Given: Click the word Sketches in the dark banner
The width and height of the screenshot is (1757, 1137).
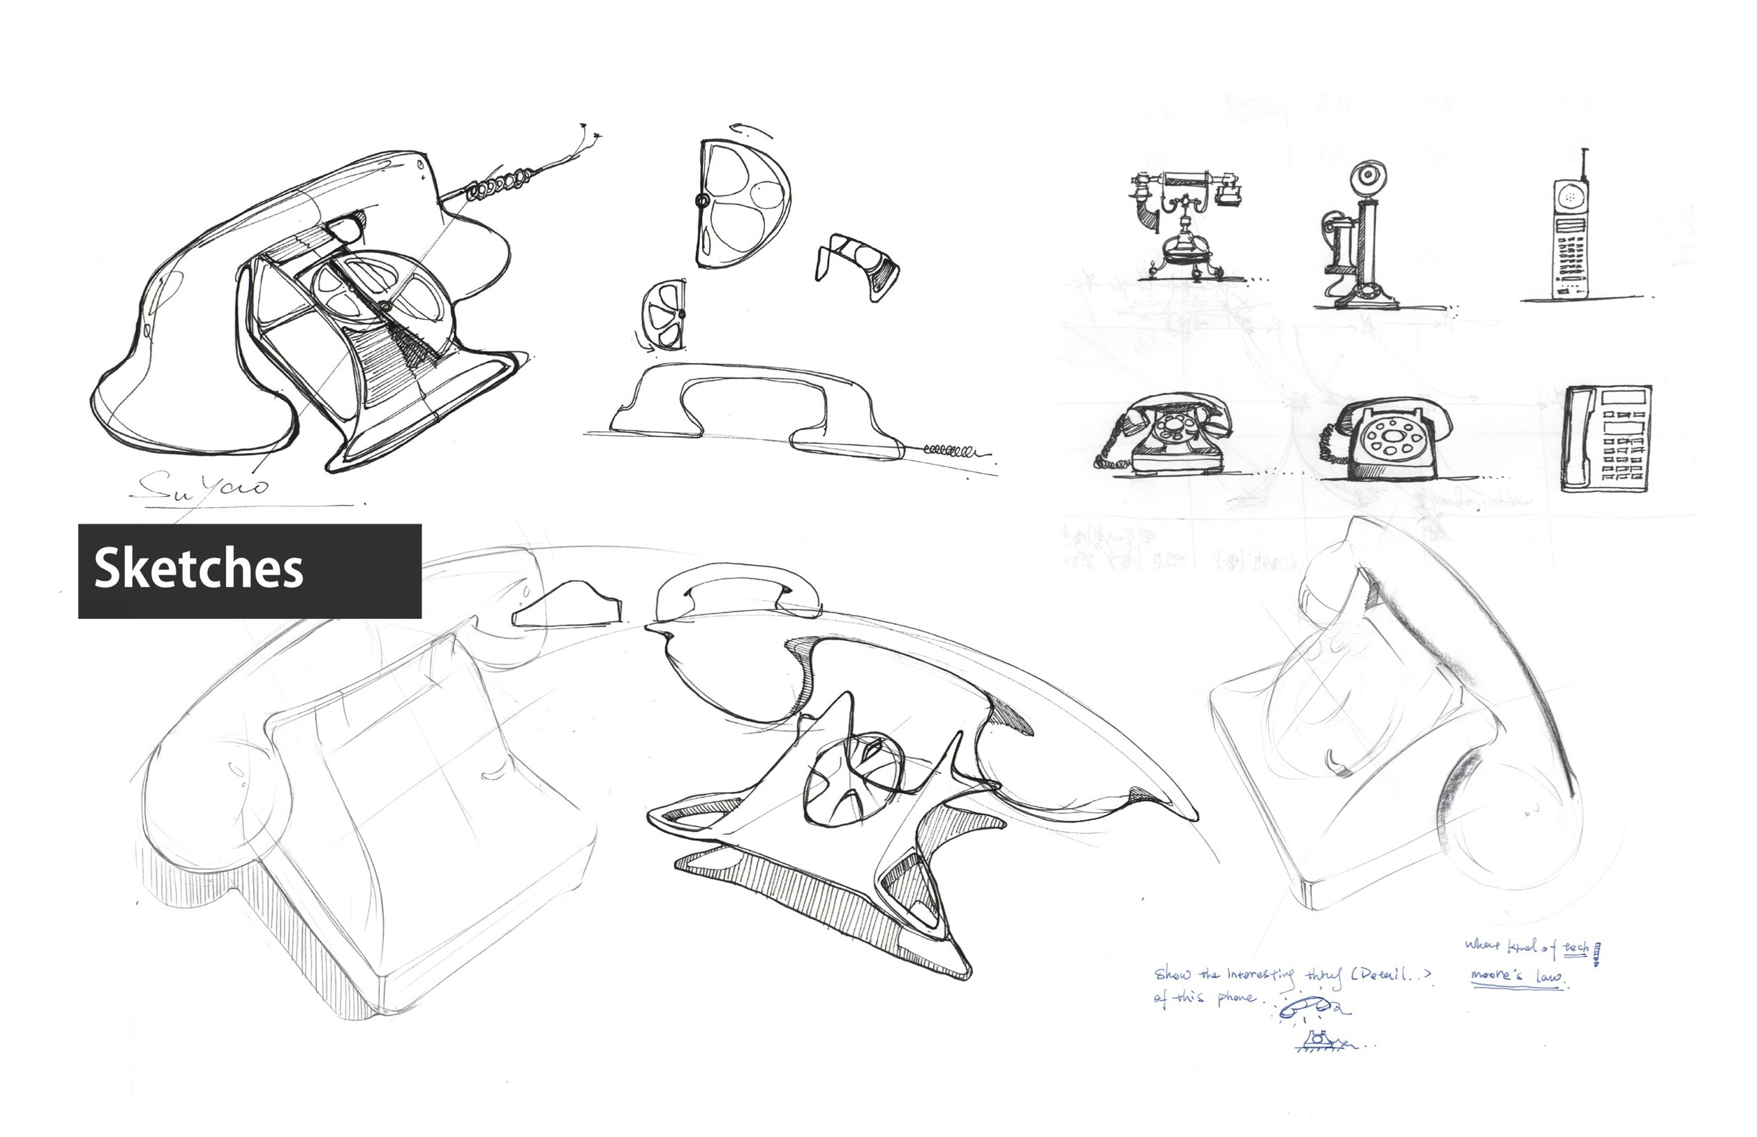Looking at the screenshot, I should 199,569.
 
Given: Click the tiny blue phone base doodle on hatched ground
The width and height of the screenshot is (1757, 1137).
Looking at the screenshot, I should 1318,1041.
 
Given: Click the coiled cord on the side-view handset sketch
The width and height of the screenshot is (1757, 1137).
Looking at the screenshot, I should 953,449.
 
